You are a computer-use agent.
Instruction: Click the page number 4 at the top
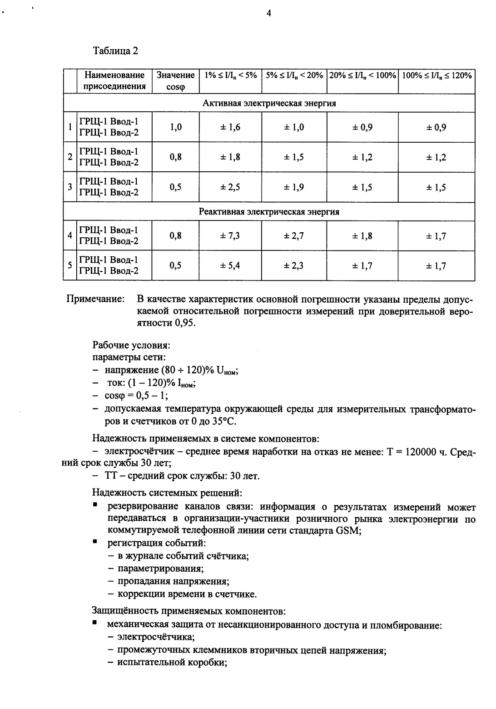point(268,13)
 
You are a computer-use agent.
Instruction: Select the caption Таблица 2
point(115,50)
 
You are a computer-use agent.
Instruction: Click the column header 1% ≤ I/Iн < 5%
point(230,75)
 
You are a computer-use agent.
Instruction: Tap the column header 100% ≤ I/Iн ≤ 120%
point(437,75)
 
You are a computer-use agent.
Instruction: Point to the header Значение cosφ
point(175,81)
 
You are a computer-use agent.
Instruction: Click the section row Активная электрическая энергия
point(269,103)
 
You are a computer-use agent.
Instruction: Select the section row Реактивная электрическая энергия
point(269,212)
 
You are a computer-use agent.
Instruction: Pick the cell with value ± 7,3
point(230,236)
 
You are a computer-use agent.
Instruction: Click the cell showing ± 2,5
point(230,187)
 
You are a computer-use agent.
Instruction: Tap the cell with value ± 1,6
point(230,127)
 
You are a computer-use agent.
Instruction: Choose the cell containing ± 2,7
point(294,236)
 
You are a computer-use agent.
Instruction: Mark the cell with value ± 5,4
point(230,266)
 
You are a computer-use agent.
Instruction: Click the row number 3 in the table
point(69,187)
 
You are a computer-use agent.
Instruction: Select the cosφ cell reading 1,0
point(175,127)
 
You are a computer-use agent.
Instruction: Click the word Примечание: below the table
point(96,300)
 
